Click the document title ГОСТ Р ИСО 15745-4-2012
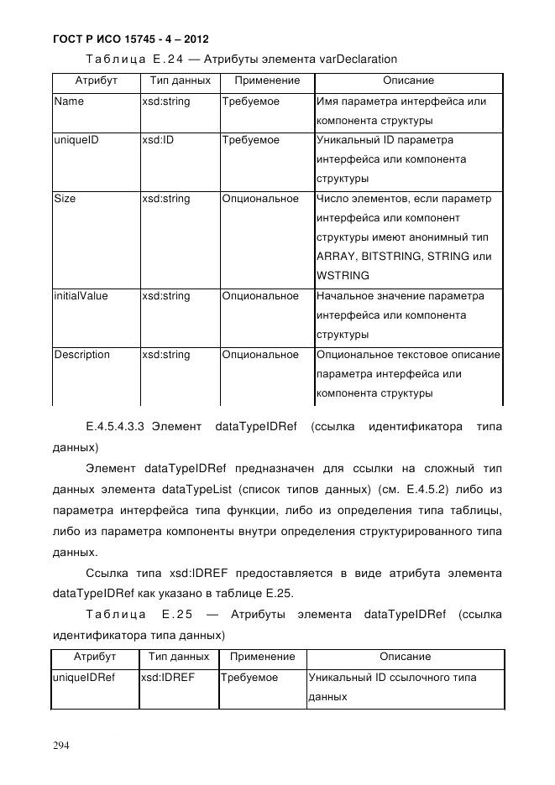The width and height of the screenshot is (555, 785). pyautogui.click(x=130, y=39)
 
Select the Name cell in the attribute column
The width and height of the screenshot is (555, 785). pyautogui.click(x=68, y=101)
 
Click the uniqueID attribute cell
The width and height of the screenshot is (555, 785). pyautogui.click(x=76, y=140)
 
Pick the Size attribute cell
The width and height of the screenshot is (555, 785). pyautogui.click(x=64, y=199)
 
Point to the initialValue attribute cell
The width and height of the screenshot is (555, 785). pyautogui.click(x=81, y=296)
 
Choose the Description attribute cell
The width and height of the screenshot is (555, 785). pyautogui.click(x=81, y=355)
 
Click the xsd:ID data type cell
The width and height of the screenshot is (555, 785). pyautogui.click(x=157, y=140)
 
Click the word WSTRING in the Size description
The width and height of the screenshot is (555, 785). pyautogui.click(x=343, y=276)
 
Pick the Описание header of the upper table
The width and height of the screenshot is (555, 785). pyautogui.click(x=408, y=81)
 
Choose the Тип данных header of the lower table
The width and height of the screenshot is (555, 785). pyautogui.click(x=179, y=657)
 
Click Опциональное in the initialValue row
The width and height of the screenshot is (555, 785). pyautogui.click(x=260, y=296)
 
